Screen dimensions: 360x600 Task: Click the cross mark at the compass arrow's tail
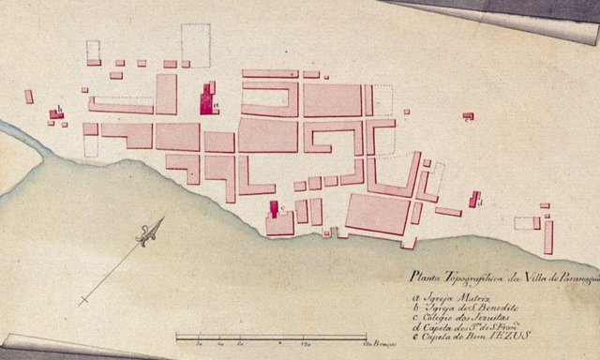click(x=84, y=300)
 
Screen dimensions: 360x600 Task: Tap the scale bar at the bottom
click(x=271, y=336)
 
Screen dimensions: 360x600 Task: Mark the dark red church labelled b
click(x=56, y=113)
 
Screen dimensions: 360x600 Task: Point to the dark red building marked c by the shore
click(x=274, y=209)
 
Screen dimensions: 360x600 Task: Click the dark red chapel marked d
click(x=473, y=200)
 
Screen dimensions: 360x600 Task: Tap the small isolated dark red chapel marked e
click(x=468, y=116)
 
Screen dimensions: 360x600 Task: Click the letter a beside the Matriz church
click(x=215, y=90)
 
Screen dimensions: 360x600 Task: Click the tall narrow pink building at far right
click(x=548, y=236)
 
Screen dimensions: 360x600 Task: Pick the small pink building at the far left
click(x=29, y=96)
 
